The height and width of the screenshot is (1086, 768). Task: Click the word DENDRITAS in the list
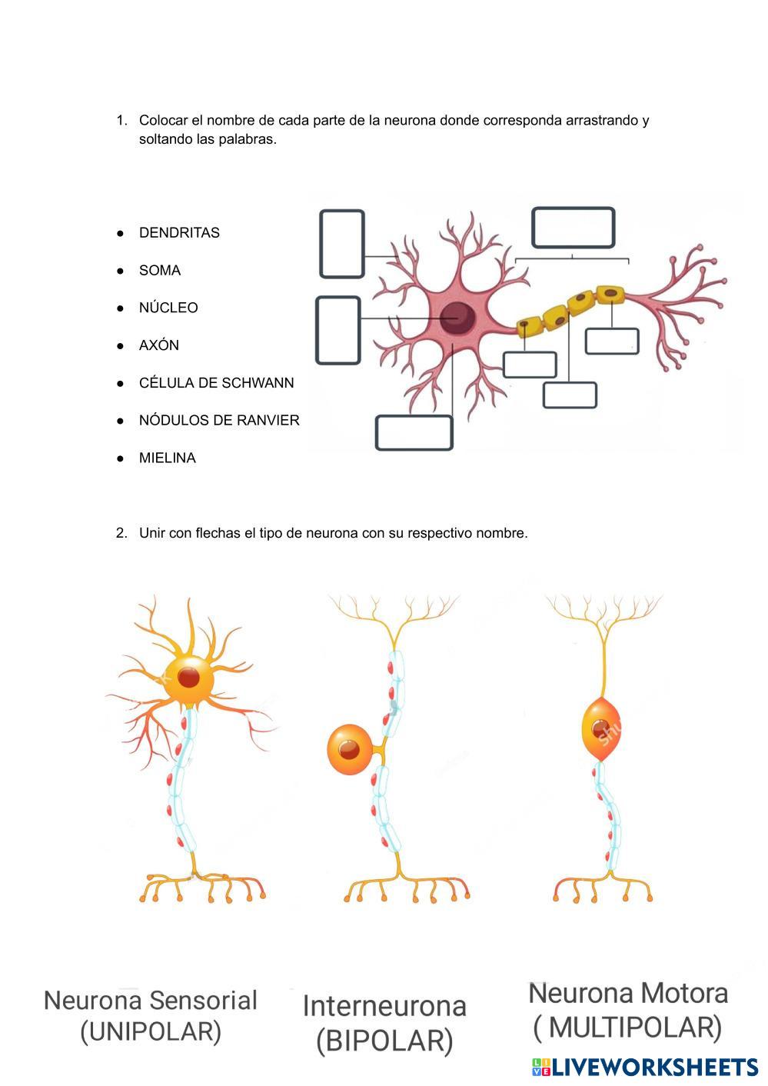(x=179, y=233)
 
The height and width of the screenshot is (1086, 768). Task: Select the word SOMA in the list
(x=160, y=271)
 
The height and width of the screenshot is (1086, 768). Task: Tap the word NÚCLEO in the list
(x=168, y=308)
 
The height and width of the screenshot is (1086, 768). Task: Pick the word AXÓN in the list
(x=159, y=345)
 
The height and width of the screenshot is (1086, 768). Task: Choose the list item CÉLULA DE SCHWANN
(x=216, y=383)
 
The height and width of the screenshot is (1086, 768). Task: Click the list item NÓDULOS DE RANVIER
(x=219, y=421)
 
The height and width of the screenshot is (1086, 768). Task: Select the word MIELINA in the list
(x=168, y=458)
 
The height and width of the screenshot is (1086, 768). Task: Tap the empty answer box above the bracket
(x=573, y=228)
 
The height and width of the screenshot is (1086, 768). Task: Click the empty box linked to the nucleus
(x=338, y=330)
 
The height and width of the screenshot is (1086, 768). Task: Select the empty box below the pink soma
(x=414, y=432)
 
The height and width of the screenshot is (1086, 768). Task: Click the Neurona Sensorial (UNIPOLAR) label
(x=151, y=1016)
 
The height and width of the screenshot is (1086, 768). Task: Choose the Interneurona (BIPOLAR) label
(x=384, y=1023)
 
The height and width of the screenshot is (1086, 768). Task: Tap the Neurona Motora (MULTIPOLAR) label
(x=628, y=1010)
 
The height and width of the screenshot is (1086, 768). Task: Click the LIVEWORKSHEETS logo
(x=644, y=1067)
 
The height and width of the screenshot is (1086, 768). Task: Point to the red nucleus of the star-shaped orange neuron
(x=189, y=678)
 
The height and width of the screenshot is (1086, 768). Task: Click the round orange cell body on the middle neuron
(x=350, y=749)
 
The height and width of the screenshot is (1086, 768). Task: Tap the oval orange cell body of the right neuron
(x=600, y=729)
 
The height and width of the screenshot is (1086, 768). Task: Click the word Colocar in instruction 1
(x=162, y=121)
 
